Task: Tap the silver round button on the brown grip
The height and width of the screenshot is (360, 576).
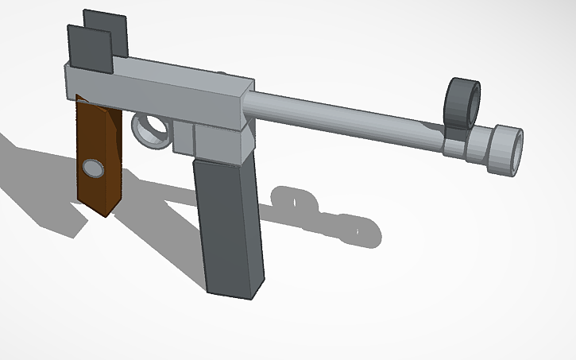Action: [94, 168]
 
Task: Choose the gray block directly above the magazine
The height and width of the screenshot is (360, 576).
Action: [222, 143]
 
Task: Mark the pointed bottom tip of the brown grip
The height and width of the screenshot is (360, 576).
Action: [106, 214]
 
